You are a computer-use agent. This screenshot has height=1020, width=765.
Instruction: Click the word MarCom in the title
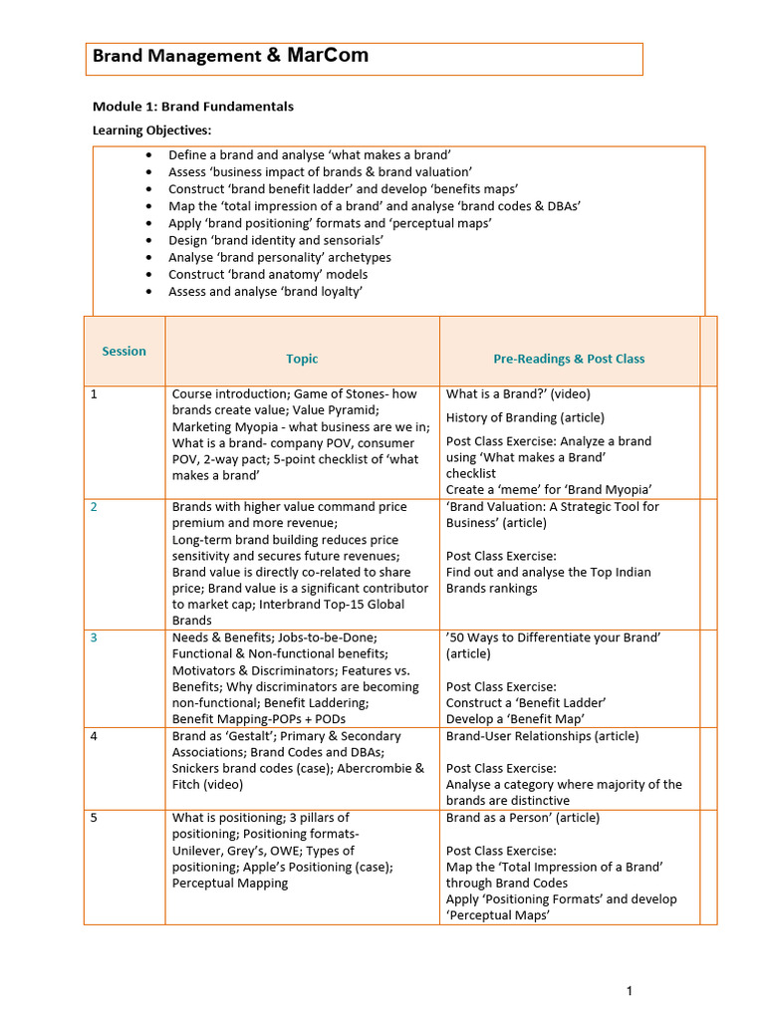[328, 56]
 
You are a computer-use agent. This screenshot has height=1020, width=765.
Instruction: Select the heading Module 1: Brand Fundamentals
[192, 107]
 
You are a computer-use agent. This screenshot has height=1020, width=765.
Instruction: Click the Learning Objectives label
[151, 130]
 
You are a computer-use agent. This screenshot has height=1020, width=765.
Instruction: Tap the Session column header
[124, 351]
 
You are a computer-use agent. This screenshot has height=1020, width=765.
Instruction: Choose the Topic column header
[302, 359]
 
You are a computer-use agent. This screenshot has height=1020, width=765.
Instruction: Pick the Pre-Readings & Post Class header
[569, 359]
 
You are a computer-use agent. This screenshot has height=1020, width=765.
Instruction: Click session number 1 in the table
[94, 394]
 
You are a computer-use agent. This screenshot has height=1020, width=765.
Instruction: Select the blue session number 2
[94, 507]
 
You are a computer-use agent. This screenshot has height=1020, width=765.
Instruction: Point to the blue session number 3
[94, 637]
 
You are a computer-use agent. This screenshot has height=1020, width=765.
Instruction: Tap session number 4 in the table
[94, 737]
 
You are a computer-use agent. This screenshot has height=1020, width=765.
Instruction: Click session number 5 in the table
[94, 819]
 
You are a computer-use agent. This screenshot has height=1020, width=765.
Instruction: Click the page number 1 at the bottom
[630, 990]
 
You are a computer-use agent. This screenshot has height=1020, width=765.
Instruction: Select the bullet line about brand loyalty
[265, 292]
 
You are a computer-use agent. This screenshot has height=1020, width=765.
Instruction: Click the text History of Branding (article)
[525, 417]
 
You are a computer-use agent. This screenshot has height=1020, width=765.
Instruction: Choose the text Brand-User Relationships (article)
[542, 736]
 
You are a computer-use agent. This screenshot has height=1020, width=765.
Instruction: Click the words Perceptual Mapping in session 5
[230, 883]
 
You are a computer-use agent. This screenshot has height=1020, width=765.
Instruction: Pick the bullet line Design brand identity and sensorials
[276, 240]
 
